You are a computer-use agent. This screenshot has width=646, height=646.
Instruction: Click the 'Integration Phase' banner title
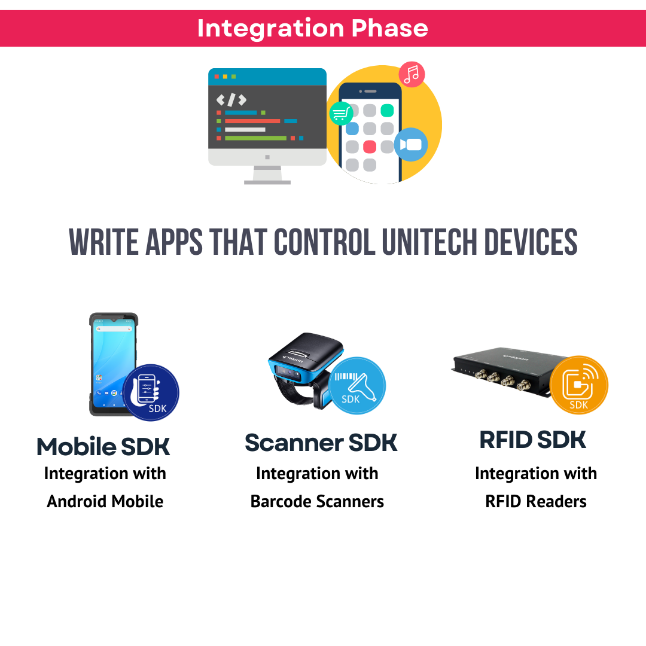click(312, 28)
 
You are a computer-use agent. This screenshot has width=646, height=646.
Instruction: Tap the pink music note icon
click(412, 74)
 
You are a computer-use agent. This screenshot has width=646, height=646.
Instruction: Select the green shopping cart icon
click(341, 112)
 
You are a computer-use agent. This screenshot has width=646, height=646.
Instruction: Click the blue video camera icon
click(410, 145)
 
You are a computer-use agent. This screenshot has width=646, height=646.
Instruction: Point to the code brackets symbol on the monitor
click(231, 100)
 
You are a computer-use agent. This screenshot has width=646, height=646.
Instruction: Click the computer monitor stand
click(267, 175)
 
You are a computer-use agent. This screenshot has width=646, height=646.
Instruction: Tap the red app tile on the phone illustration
click(370, 147)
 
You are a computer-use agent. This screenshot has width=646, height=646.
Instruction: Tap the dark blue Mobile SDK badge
click(151, 393)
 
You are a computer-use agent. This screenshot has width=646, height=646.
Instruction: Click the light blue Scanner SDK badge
click(357, 386)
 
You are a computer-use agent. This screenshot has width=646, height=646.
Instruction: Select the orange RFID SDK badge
click(578, 385)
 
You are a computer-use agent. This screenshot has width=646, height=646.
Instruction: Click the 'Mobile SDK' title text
click(103, 447)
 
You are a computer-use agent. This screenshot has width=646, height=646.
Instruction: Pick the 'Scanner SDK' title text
click(321, 443)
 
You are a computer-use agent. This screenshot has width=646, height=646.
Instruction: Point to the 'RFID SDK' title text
click(533, 440)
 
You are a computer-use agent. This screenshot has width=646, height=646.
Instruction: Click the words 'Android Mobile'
click(105, 501)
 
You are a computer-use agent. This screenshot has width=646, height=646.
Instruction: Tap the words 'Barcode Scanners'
click(317, 501)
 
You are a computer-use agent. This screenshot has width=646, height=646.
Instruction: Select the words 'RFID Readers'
click(536, 501)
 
